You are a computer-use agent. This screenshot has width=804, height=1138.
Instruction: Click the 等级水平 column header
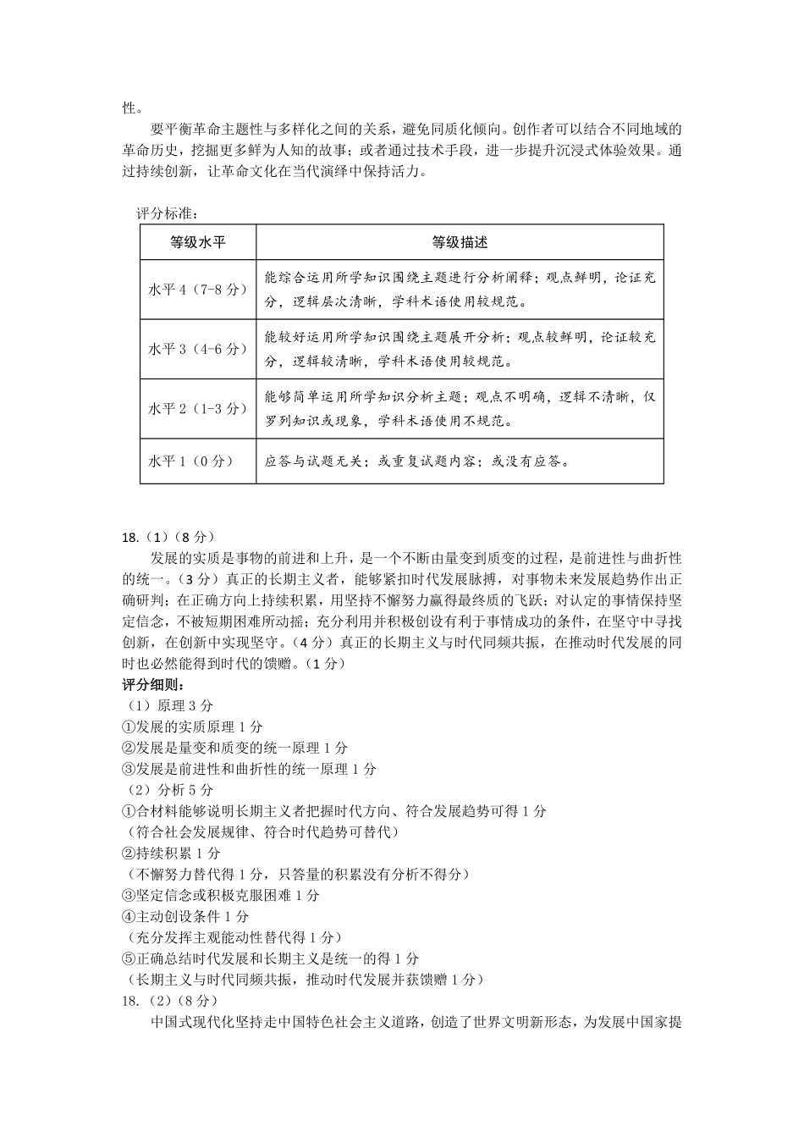[x=198, y=242]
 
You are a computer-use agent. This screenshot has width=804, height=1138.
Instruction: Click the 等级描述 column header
[x=460, y=242]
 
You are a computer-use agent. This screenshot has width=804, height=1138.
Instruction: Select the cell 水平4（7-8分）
[x=198, y=289]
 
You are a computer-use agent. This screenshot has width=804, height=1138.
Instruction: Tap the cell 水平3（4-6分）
[x=198, y=349]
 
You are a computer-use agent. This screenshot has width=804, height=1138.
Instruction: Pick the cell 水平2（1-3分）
[x=198, y=408]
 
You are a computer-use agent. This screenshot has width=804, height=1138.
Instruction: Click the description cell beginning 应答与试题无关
[x=417, y=461]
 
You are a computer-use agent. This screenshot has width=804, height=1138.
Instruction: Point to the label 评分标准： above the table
[x=166, y=213]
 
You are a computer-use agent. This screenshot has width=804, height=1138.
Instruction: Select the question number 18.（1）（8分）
[x=169, y=537]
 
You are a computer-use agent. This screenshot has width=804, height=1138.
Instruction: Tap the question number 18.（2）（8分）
[x=170, y=1000]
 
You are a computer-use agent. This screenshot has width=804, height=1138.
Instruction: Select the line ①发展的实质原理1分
[x=193, y=726]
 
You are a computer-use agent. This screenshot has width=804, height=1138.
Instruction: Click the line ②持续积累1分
[x=172, y=853]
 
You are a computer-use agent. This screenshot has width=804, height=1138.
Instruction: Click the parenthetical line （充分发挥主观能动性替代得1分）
[x=233, y=937]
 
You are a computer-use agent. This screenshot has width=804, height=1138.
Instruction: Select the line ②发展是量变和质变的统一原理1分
[x=235, y=748]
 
